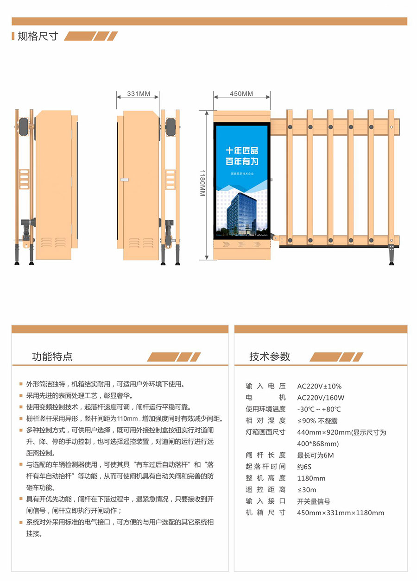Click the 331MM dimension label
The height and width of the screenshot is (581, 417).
click(139, 94)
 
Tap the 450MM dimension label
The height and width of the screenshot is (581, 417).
click(241, 94)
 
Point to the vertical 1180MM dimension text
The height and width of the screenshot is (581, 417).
click(202, 183)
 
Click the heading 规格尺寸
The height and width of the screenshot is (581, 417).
click(38, 36)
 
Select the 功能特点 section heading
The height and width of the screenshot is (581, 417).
click(52, 356)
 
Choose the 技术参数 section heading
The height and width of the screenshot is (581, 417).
click(270, 356)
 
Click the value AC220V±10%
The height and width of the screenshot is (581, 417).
click(319, 386)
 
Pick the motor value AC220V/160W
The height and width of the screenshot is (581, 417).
click(321, 398)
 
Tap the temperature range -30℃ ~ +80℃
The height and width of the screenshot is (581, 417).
click(319, 409)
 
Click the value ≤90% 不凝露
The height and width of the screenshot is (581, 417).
click(317, 421)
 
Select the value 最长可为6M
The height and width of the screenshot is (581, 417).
click(316, 455)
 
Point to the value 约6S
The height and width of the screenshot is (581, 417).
click(304, 467)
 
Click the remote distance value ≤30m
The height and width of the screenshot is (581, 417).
click(307, 490)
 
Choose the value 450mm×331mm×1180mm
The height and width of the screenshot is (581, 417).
click(341, 513)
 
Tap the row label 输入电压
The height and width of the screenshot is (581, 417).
click(265, 386)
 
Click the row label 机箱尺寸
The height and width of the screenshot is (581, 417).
click(265, 513)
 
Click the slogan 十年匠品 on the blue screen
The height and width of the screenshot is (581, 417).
click(242, 150)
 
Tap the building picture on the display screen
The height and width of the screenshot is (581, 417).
click(241, 214)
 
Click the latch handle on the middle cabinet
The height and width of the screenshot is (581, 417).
click(124, 180)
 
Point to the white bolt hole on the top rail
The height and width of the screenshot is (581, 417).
click(392, 127)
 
